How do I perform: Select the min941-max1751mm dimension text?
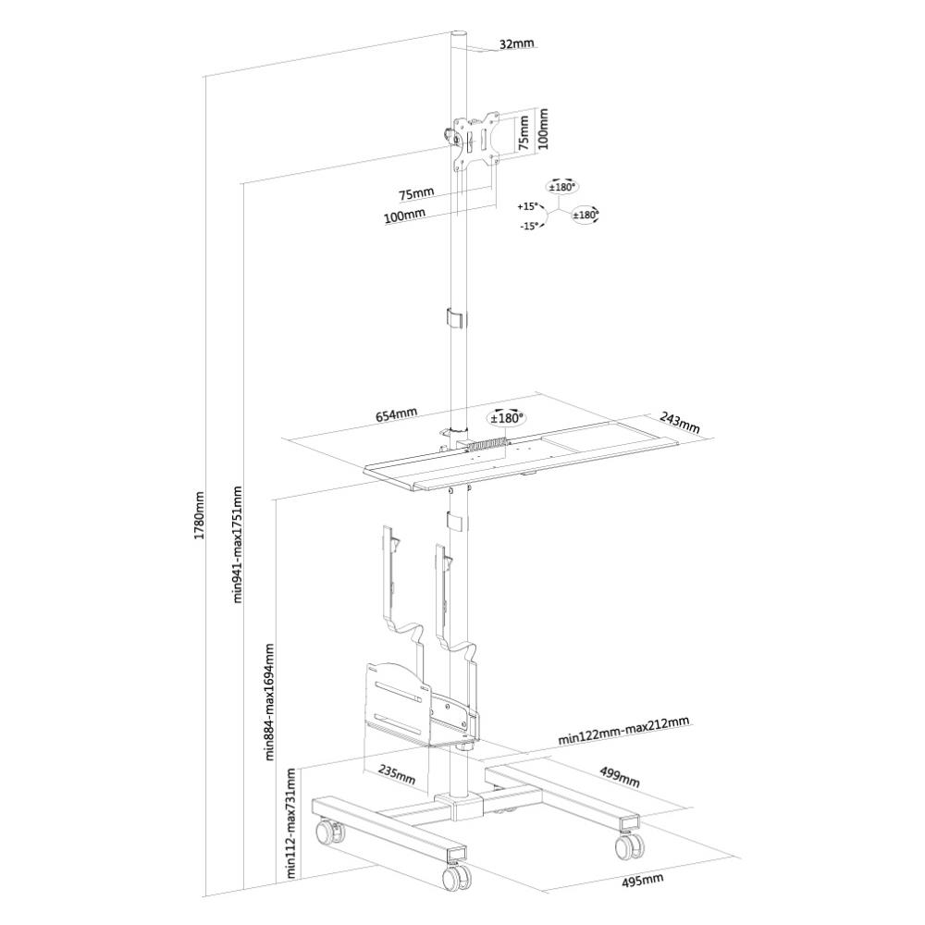[238, 544]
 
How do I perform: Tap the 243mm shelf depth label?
[680, 424]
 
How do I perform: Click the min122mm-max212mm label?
[623, 731]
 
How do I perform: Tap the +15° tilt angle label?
[528, 206]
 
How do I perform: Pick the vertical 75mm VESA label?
[524, 131]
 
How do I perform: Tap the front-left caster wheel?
[454, 874]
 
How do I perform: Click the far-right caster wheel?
[631, 844]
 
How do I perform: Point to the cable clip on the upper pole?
[455, 317]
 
